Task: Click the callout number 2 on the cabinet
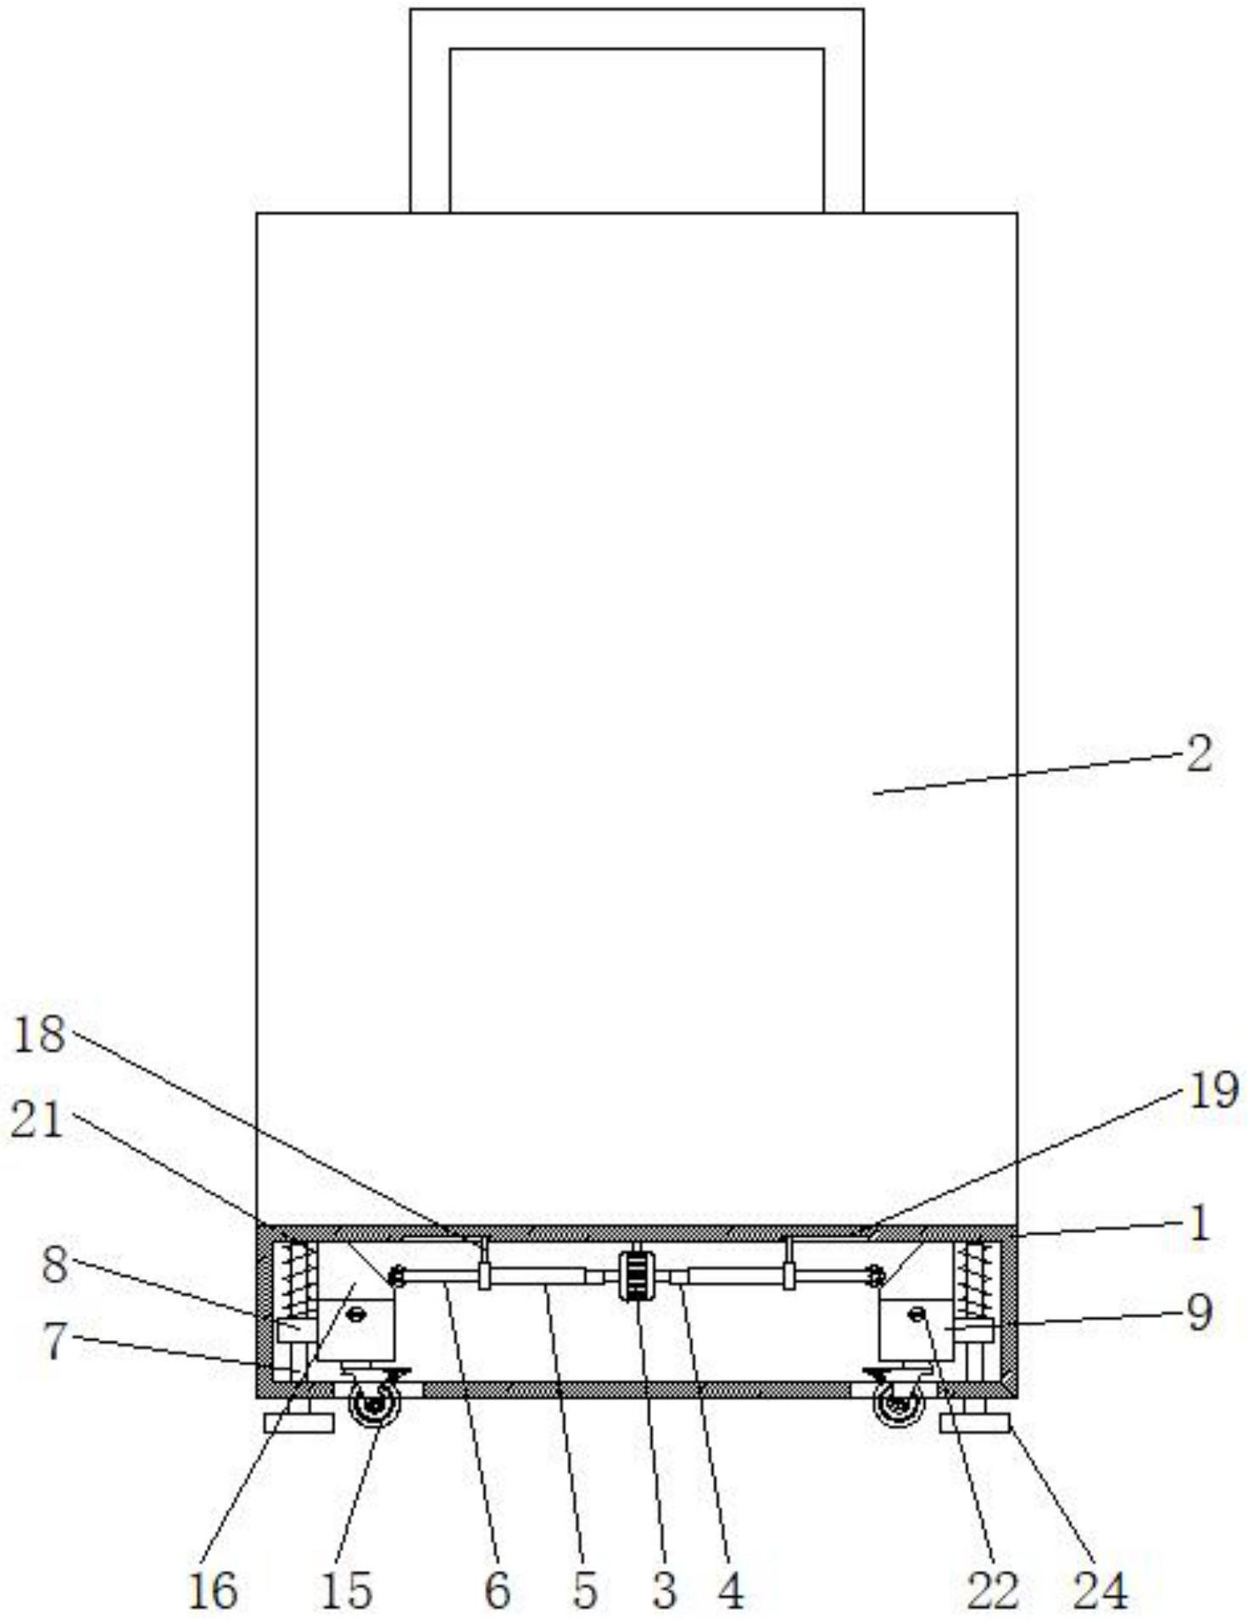click(1199, 754)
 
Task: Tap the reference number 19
click(1214, 1092)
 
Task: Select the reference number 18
click(39, 1035)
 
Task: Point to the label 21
click(37, 1121)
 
